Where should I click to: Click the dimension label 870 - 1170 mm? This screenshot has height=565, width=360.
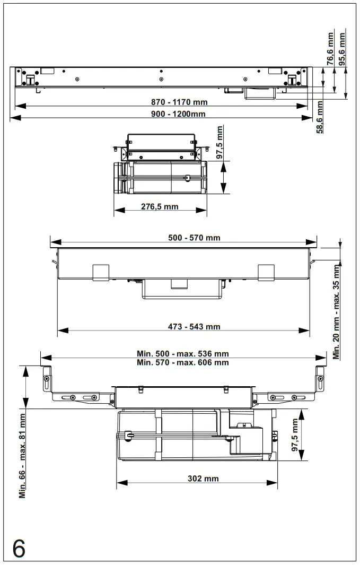click(179, 102)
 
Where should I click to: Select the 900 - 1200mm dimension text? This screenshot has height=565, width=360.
click(178, 114)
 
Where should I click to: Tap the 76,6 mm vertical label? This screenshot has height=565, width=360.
click(330, 49)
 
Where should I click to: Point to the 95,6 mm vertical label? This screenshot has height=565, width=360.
click(341, 49)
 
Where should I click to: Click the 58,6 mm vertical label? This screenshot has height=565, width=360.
click(320, 117)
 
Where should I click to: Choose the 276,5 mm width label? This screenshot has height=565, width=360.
click(160, 206)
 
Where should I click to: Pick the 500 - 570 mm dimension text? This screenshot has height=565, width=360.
click(194, 238)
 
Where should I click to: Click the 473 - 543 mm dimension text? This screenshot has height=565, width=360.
click(194, 326)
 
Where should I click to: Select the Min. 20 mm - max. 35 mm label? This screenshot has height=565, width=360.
click(336, 312)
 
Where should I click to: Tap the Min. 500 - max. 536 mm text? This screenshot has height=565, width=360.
click(183, 353)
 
